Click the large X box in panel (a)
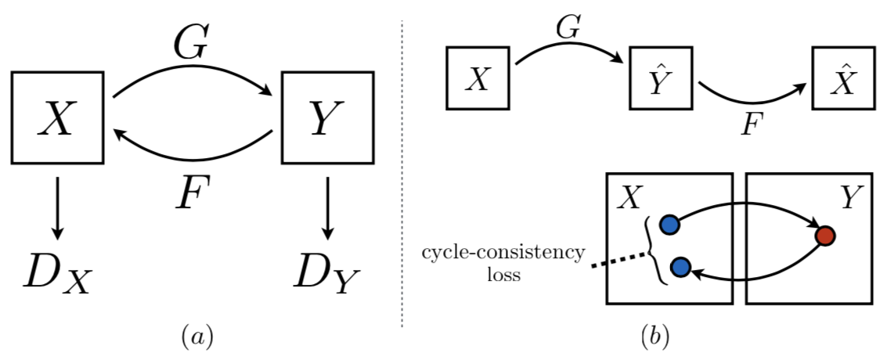point(57,117)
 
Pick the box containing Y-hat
point(661,78)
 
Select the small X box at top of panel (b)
point(478,78)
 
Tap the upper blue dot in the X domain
point(669,225)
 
